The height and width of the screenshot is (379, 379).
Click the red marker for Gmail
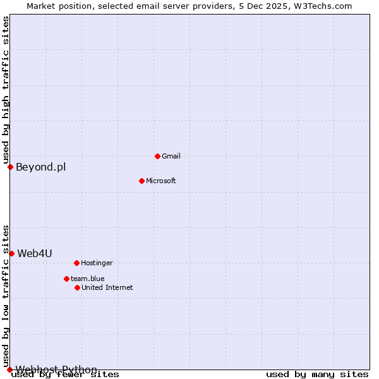[x=157, y=156]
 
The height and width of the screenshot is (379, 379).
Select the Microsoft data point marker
[x=141, y=181]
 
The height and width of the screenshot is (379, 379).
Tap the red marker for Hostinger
[x=76, y=263]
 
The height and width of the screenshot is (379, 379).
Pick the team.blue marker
[x=66, y=279]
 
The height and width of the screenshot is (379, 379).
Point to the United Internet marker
[x=77, y=287]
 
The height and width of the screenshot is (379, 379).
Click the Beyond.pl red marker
[x=10, y=167]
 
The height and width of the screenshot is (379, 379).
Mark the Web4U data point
[x=11, y=253]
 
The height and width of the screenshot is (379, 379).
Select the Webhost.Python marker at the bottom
[x=9, y=370]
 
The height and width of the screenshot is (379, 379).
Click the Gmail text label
[x=171, y=156]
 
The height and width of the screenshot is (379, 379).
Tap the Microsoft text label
[x=161, y=181]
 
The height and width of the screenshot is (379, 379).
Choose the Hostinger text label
[x=97, y=263]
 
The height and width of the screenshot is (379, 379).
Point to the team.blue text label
[x=88, y=279]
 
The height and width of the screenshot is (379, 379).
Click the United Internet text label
[x=107, y=287]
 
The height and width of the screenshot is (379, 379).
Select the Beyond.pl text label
[x=40, y=167]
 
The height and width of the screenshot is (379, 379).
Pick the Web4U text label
[x=35, y=254]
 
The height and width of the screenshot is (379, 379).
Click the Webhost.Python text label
[x=56, y=370]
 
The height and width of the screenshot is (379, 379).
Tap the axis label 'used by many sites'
[x=317, y=375]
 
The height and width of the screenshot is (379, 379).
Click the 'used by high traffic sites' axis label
[x=6, y=90]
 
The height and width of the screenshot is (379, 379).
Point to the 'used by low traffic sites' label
[x=6, y=296]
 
